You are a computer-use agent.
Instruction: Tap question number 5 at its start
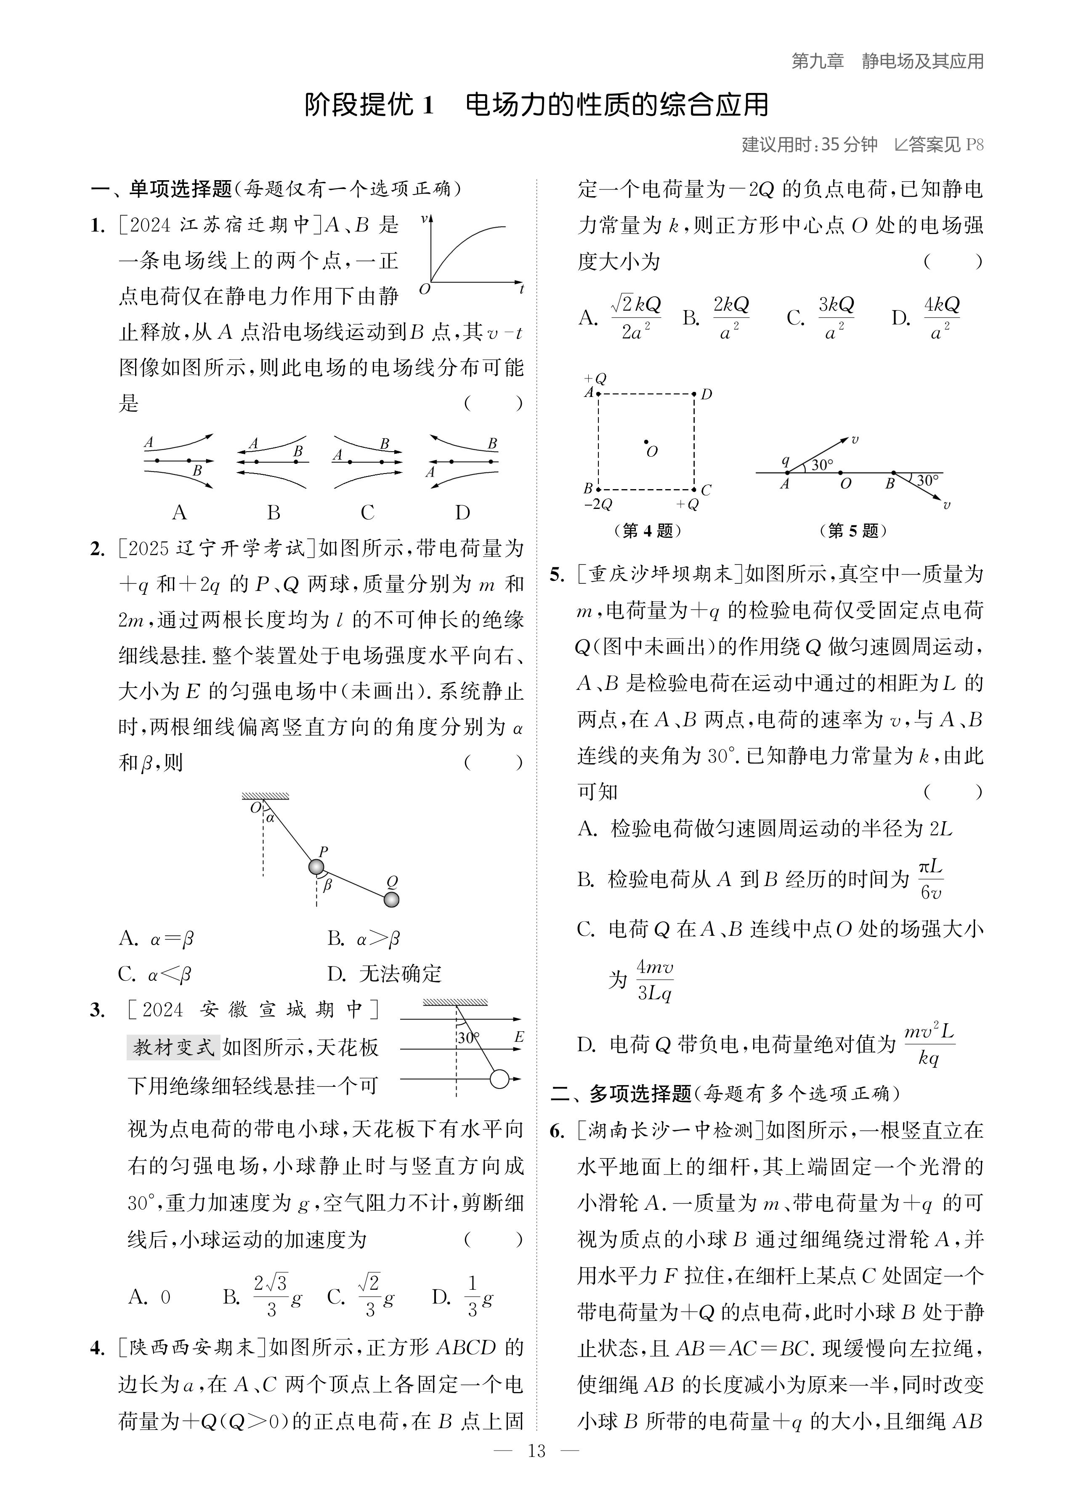[x=557, y=575]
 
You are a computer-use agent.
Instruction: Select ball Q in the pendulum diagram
[x=392, y=900]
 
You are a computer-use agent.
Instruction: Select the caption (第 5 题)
[x=853, y=530]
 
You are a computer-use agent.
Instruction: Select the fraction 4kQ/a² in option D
[x=941, y=317]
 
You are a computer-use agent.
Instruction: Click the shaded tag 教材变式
[x=173, y=1047]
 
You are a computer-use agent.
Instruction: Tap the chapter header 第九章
[x=817, y=61]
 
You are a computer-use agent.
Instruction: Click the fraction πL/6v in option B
[x=930, y=880]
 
